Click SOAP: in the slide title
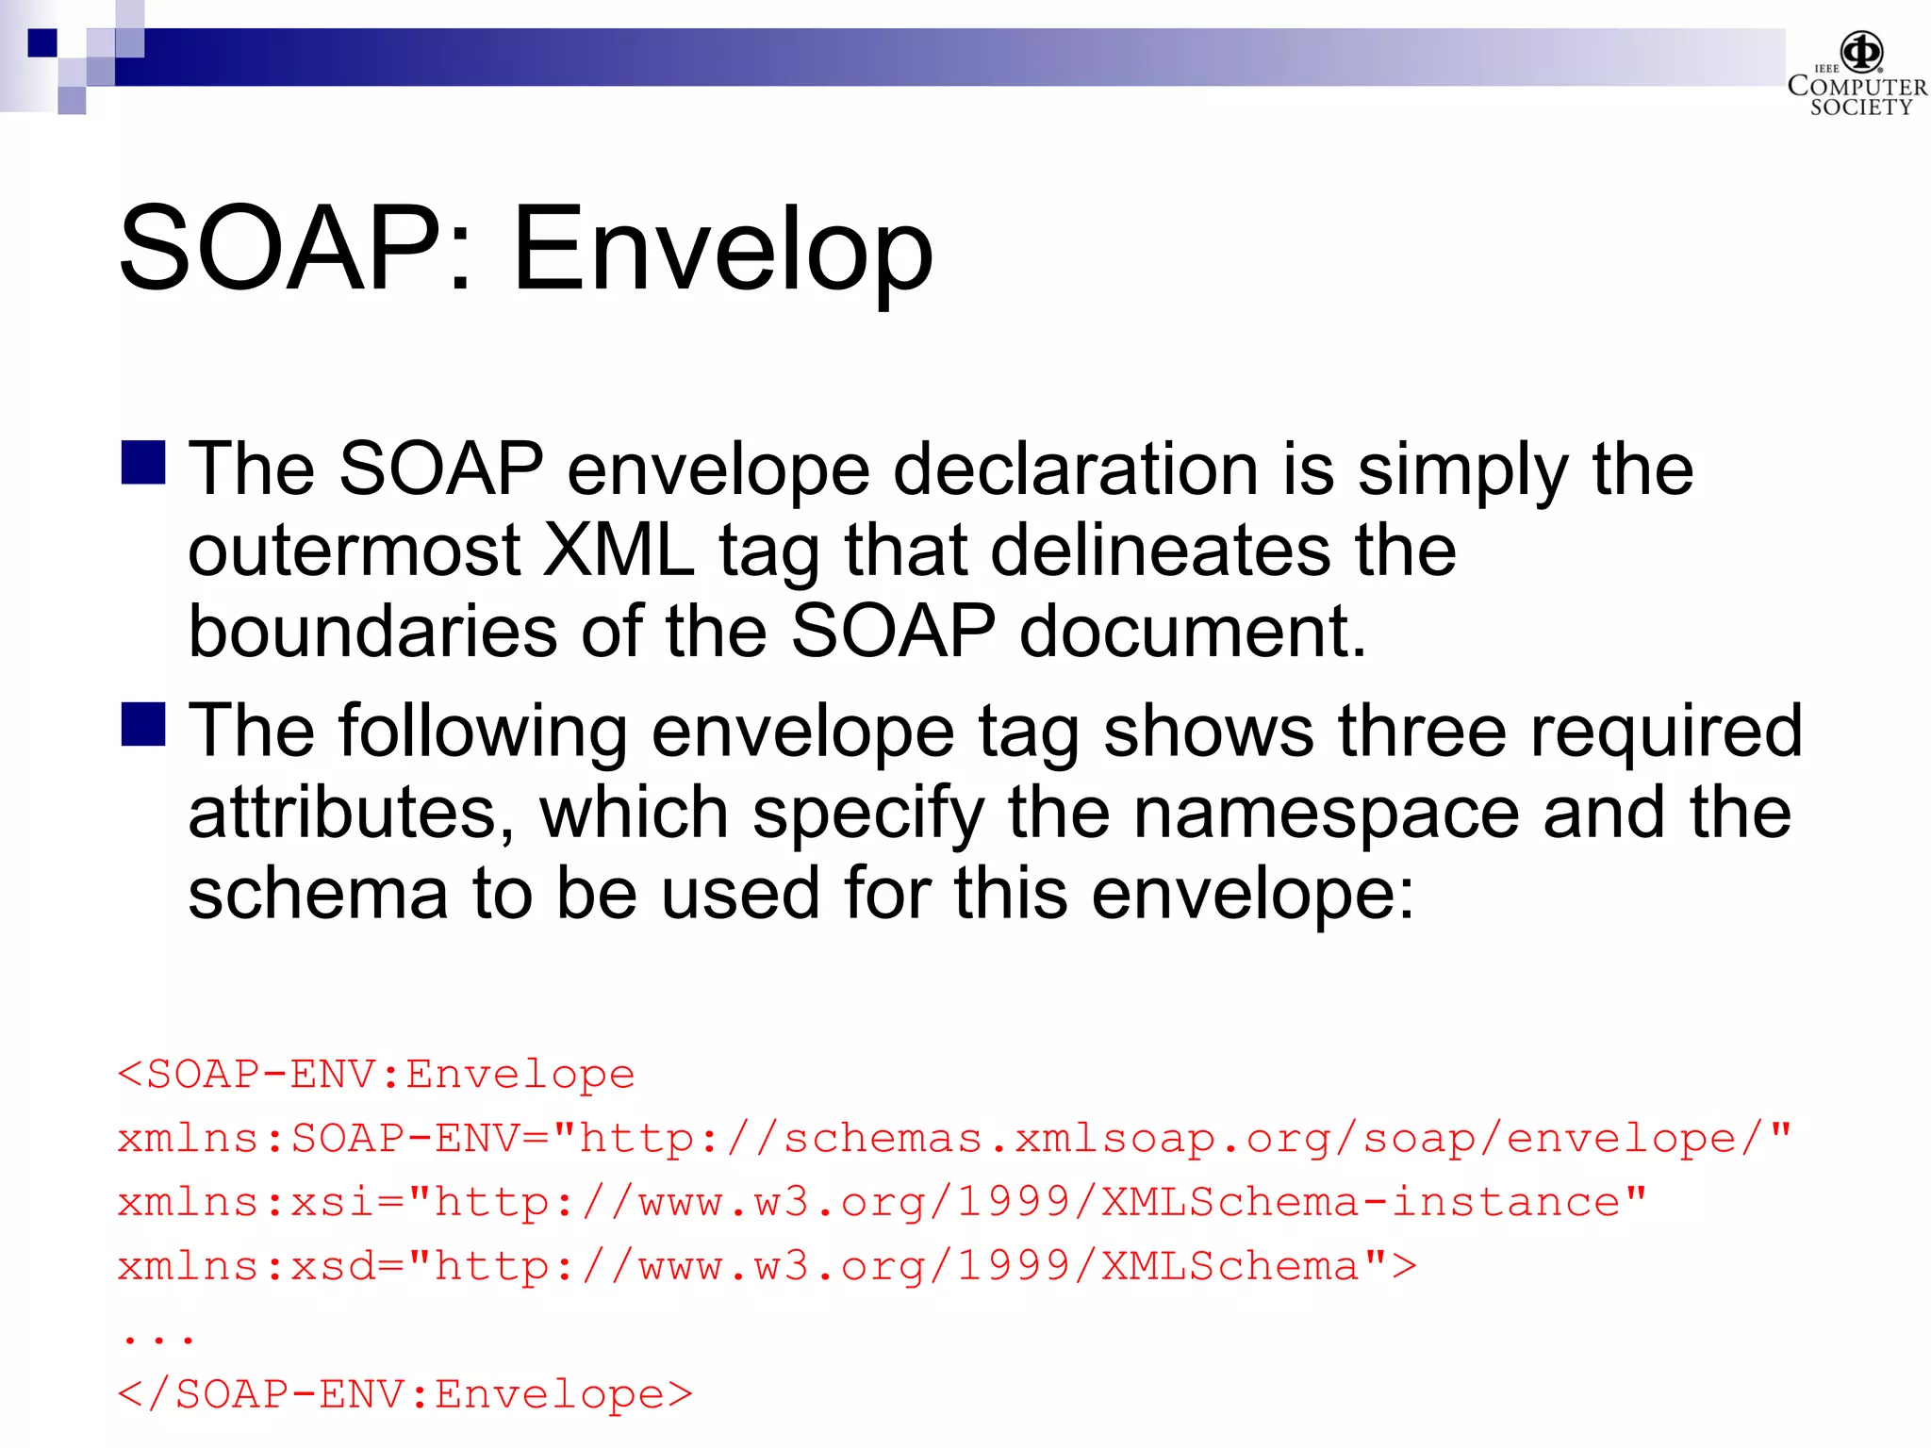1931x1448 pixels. point(294,250)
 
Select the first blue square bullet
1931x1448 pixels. point(143,463)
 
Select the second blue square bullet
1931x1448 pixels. point(143,724)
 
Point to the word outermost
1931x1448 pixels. point(354,551)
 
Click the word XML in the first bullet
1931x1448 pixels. point(619,551)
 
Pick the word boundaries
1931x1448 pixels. point(372,632)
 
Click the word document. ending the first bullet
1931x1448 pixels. point(1193,632)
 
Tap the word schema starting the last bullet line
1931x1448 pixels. point(318,894)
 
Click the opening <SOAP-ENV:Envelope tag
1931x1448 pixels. point(376,1075)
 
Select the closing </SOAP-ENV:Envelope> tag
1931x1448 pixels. point(405,1394)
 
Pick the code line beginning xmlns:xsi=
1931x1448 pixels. point(882,1203)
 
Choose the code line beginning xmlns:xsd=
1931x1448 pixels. point(767,1267)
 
